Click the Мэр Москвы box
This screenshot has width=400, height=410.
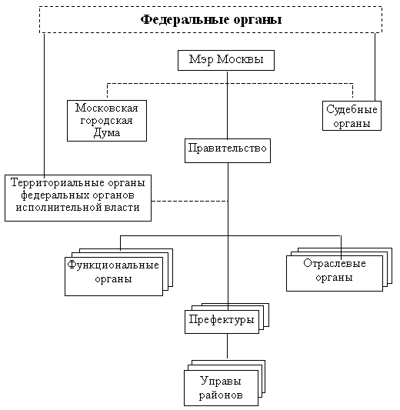(x=226, y=61)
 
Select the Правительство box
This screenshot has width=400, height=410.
(x=228, y=151)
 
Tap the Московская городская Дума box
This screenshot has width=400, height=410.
(x=107, y=121)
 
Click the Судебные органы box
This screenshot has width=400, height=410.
(x=352, y=116)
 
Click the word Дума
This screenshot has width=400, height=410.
(x=107, y=133)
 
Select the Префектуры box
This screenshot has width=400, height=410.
(x=222, y=322)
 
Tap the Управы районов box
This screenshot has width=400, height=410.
(x=222, y=388)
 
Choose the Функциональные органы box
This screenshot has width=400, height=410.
(x=114, y=276)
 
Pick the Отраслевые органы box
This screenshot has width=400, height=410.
(x=335, y=273)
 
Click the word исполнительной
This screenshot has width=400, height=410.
(x=58, y=208)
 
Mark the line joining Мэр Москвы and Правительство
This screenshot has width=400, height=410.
(x=227, y=105)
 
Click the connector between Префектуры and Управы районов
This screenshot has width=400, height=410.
(x=227, y=346)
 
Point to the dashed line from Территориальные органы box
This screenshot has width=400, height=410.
(x=190, y=201)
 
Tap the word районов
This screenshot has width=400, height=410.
(x=221, y=395)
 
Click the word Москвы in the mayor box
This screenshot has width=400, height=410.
(x=240, y=60)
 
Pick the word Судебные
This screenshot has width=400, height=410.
(x=352, y=109)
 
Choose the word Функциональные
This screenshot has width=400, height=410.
(x=113, y=265)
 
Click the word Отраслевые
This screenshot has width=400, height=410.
(x=335, y=263)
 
